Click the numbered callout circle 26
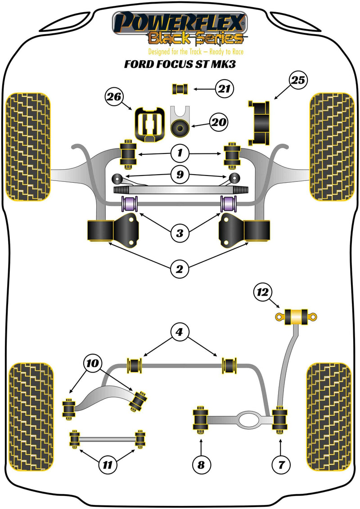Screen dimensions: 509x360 tap(114, 96)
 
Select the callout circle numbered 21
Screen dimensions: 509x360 tap(225, 89)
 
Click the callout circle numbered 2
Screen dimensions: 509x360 tap(180, 270)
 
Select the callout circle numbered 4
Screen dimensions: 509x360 tap(180, 333)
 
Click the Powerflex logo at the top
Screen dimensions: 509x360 tap(180, 29)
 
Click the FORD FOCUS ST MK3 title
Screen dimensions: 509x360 tap(180, 64)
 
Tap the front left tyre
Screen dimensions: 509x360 tap(28, 147)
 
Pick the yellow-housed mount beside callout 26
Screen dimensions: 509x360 tap(148, 124)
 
